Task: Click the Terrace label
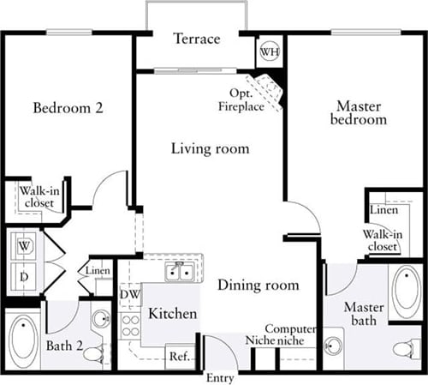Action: (x=196, y=39)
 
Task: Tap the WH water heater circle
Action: (x=269, y=51)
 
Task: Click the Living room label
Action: (x=210, y=149)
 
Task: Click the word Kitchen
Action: (x=173, y=315)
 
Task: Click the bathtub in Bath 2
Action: (x=23, y=340)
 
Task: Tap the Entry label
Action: (x=220, y=377)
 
